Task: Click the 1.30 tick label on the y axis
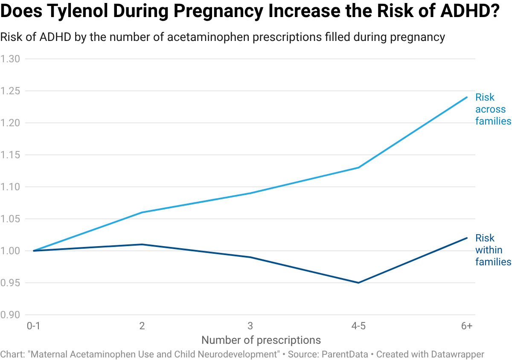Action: [x=10, y=59]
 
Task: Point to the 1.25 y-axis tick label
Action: [x=10, y=91]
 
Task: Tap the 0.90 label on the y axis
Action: [x=10, y=315]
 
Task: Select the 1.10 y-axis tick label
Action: [x=10, y=187]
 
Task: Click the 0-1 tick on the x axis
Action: [x=33, y=326]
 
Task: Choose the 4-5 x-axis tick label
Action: [x=358, y=326]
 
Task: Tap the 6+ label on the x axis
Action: [x=467, y=326]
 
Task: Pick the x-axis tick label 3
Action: [x=250, y=326]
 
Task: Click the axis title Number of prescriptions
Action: [x=261, y=340]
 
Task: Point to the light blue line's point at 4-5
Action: [x=358, y=168]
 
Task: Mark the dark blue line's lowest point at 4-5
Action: [x=358, y=282]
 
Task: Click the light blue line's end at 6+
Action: [x=467, y=97]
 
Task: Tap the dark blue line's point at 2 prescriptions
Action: [x=142, y=244]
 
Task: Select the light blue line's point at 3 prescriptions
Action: [x=250, y=193]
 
